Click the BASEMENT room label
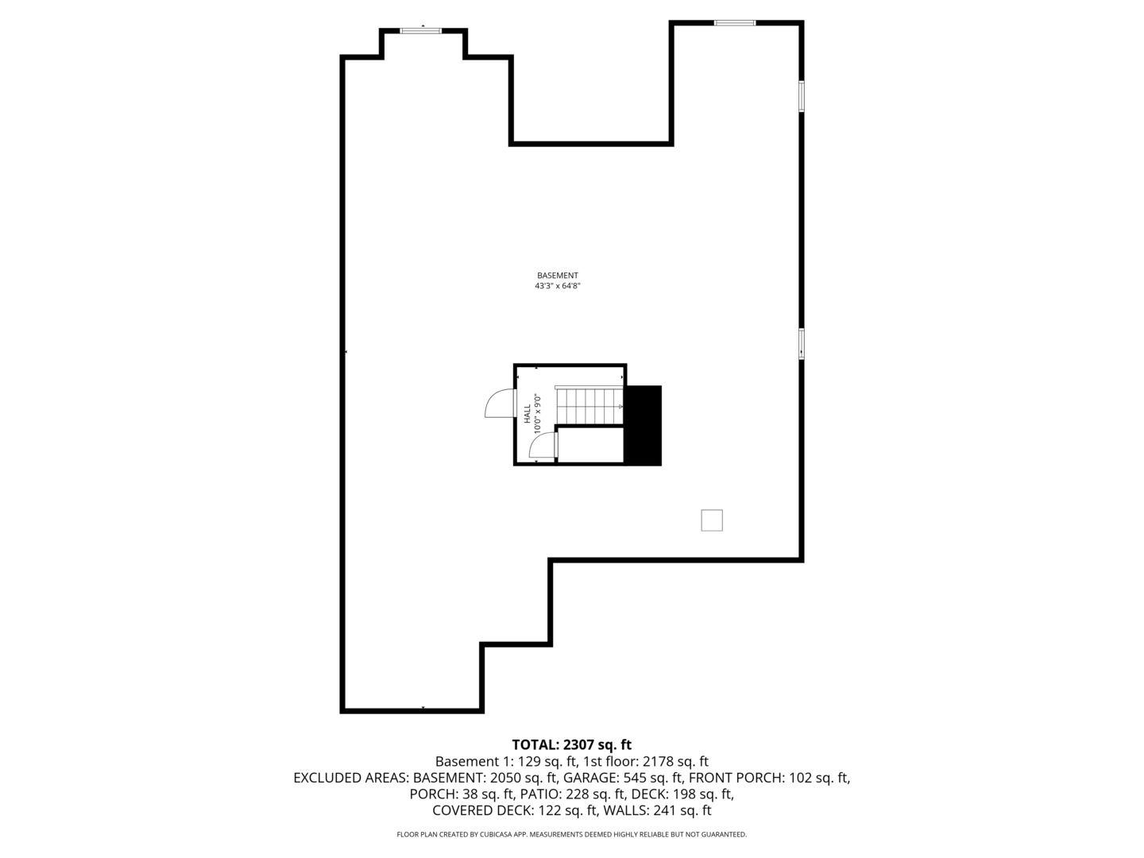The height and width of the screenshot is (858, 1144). [x=557, y=276]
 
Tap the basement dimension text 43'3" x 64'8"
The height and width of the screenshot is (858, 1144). [x=557, y=286]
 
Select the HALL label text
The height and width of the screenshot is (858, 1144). [x=527, y=413]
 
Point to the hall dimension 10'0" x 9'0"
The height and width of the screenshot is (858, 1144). [x=538, y=413]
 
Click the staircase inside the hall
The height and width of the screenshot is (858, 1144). [x=589, y=406]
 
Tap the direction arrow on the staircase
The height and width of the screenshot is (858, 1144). [x=620, y=406]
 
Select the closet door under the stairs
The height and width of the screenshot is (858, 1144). [x=543, y=446]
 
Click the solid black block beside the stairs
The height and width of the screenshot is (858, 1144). [x=643, y=425]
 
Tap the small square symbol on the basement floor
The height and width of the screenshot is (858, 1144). [x=711, y=520]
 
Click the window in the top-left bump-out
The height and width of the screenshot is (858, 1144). [x=421, y=30]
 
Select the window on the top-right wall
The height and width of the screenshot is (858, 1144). [x=735, y=23]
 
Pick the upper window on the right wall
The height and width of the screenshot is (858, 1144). [x=802, y=96]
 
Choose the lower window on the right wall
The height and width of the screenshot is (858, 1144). [x=802, y=344]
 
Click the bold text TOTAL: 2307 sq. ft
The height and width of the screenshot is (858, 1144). [x=571, y=744]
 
